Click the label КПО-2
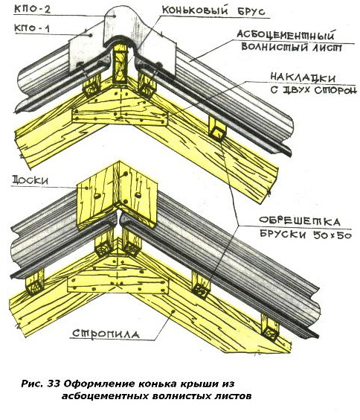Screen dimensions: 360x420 click(x=32, y=9)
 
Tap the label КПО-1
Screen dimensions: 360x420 click(x=32, y=28)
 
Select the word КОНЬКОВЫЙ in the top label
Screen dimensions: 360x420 click(x=195, y=10)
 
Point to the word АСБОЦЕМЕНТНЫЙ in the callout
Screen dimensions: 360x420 click(x=286, y=35)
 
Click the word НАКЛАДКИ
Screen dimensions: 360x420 click(x=303, y=77)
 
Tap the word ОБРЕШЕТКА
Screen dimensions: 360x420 click(x=300, y=221)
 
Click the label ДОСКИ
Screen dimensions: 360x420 click(x=30, y=180)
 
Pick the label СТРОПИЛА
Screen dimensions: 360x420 click(x=106, y=334)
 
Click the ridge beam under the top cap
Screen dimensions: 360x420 click(x=120, y=65)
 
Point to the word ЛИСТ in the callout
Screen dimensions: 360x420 click(x=327, y=48)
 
